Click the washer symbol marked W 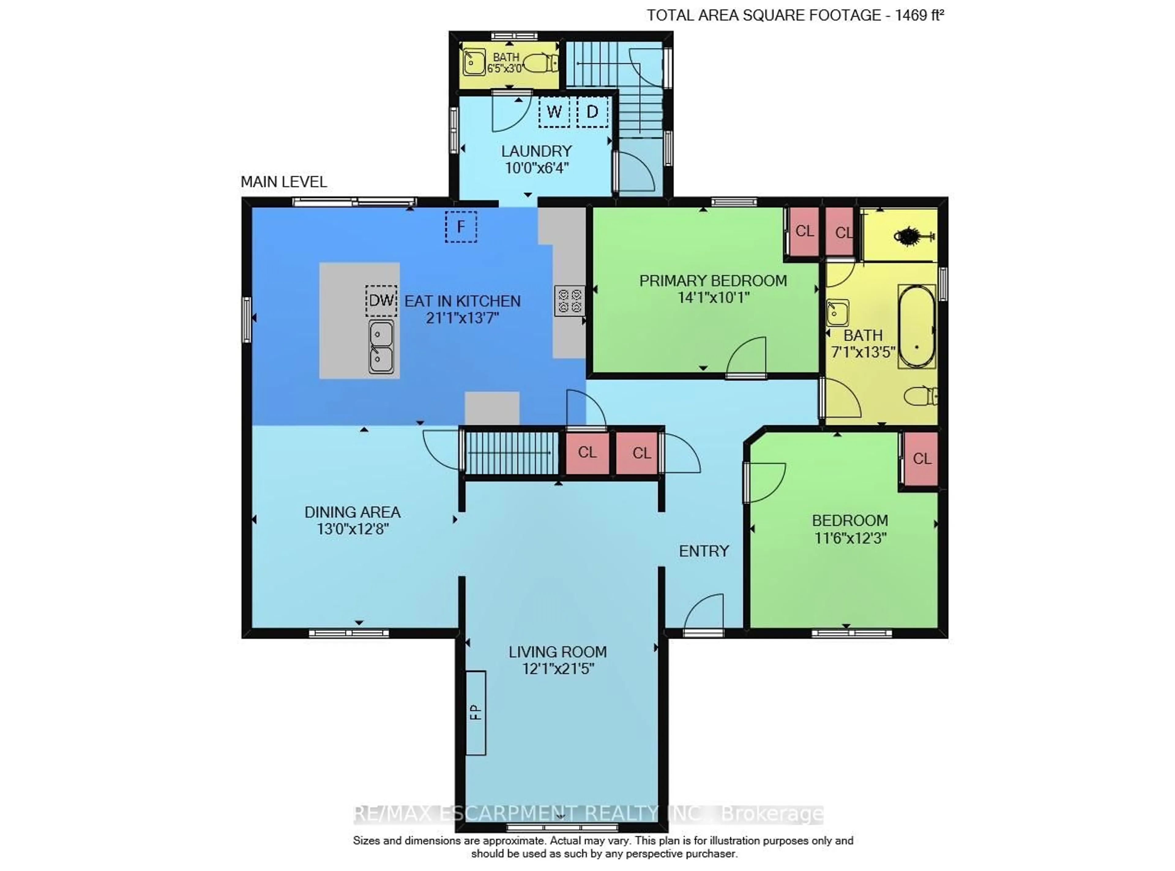554,112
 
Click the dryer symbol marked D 592,112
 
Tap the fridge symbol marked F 461,227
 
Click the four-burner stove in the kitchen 569,301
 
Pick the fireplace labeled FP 476,713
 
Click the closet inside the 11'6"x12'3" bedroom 922,459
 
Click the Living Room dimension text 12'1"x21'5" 558,669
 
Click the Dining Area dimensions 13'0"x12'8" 352,529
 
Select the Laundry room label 536,151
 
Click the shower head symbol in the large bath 914,236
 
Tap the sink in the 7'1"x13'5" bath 837,313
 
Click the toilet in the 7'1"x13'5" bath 922,396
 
